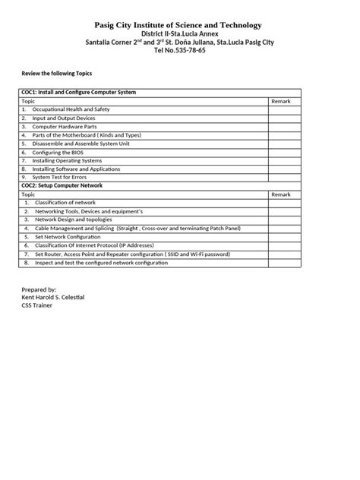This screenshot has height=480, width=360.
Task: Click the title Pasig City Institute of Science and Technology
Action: [x=180, y=25]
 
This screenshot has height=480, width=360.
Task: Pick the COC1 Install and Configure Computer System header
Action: [x=79, y=92]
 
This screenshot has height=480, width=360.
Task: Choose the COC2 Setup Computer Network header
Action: [x=62, y=185]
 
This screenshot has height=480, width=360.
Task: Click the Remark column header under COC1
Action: [x=281, y=100]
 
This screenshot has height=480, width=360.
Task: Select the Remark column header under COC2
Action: [x=281, y=194]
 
